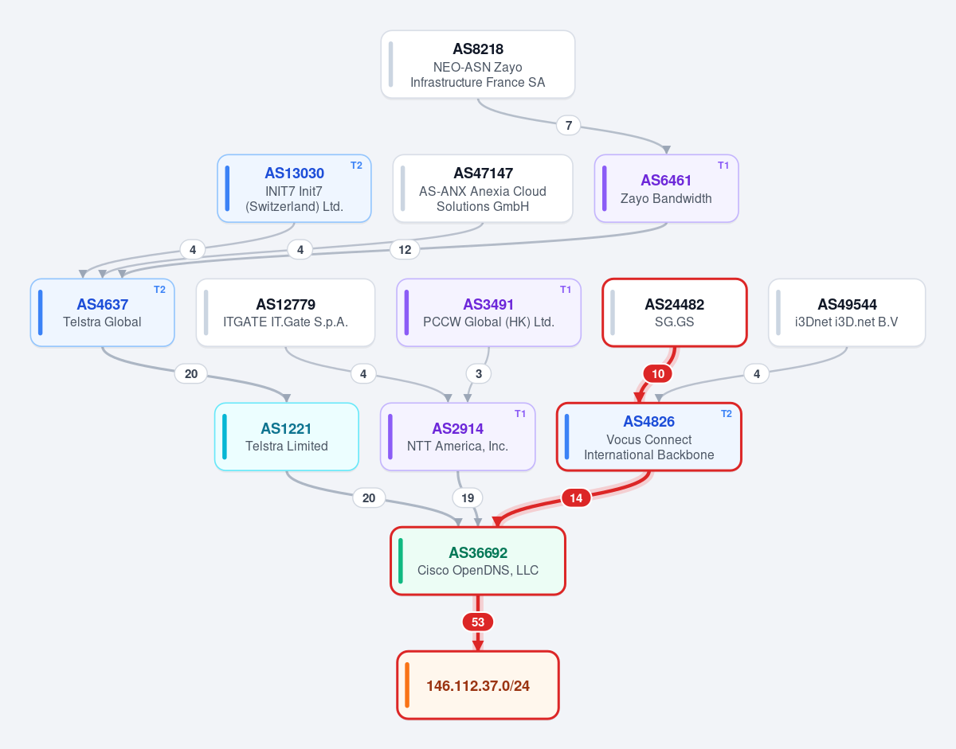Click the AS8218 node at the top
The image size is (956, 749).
coord(478,64)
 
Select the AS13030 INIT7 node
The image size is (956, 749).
coord(294,189)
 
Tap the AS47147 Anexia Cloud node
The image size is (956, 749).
coord(483,189)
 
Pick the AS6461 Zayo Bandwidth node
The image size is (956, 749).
coord(666,189)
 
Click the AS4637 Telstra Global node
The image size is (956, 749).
coord(102,313)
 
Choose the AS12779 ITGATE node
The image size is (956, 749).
coord(285,313)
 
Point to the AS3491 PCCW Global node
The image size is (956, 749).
coord(488,313)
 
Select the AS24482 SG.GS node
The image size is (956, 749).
coord(675,313)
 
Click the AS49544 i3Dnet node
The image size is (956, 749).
coord(847,313)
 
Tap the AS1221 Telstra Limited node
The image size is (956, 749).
coord(287,437)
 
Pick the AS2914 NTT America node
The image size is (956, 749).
coord(457,437)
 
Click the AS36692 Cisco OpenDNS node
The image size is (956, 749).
coord(478,561)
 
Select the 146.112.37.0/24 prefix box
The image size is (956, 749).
coord(478,685)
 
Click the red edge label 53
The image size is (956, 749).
coord(478,622)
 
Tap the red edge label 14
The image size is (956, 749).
coord(576,498)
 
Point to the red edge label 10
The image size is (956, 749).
coord(658,374)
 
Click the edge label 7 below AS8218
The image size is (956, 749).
coord(568,126)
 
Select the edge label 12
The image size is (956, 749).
coord(405,250)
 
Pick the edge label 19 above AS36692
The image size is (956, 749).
coord(467,498)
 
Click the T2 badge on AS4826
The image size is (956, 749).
coord(727,414)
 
